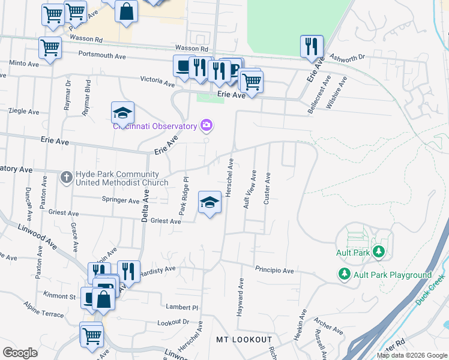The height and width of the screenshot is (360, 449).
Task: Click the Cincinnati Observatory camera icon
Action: (x=207, y=125)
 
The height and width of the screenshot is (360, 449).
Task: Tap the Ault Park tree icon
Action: (x=378, y=251)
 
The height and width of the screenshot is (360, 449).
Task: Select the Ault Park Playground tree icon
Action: (x=344, y=275)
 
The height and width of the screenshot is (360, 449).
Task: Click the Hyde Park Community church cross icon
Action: (x=67, y=176)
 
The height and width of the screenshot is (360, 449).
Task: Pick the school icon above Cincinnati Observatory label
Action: (x=122, y=113)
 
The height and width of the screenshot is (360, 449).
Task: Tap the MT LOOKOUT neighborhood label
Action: (x=244, y=340)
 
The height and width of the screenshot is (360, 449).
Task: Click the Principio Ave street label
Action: (x=274, y=271)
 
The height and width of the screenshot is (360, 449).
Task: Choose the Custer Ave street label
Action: (x=267, y=188)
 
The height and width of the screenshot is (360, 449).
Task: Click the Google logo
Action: (x=20, y=353)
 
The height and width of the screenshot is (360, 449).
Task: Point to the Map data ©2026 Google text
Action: (x=411, y=355)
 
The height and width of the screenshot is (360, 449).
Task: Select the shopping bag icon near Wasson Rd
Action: (x=127, y=11)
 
